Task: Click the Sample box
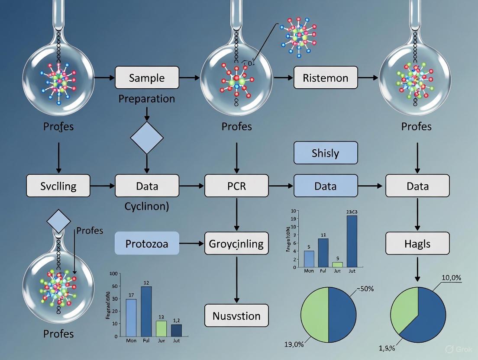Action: click(147, 78)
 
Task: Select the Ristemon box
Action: click(326, 78)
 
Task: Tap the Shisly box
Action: click(326, 153)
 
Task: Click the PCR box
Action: click(236, 186)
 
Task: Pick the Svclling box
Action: click(58, 186)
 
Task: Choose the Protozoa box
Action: click(147, 243)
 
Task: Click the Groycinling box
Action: click(236, 243)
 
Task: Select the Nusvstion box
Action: click(236, 315)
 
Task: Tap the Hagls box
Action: click(417, 243)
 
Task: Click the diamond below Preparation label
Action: click(147, 138)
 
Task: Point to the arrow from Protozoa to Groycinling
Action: click(191, 244)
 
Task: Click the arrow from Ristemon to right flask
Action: click(368, 78)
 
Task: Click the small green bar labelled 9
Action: click(337, 264)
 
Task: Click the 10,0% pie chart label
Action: click(451, 277)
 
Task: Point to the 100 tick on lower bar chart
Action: click(114, 273)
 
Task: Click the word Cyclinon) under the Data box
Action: click(147, 206)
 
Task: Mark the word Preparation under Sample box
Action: click(147, 99)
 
